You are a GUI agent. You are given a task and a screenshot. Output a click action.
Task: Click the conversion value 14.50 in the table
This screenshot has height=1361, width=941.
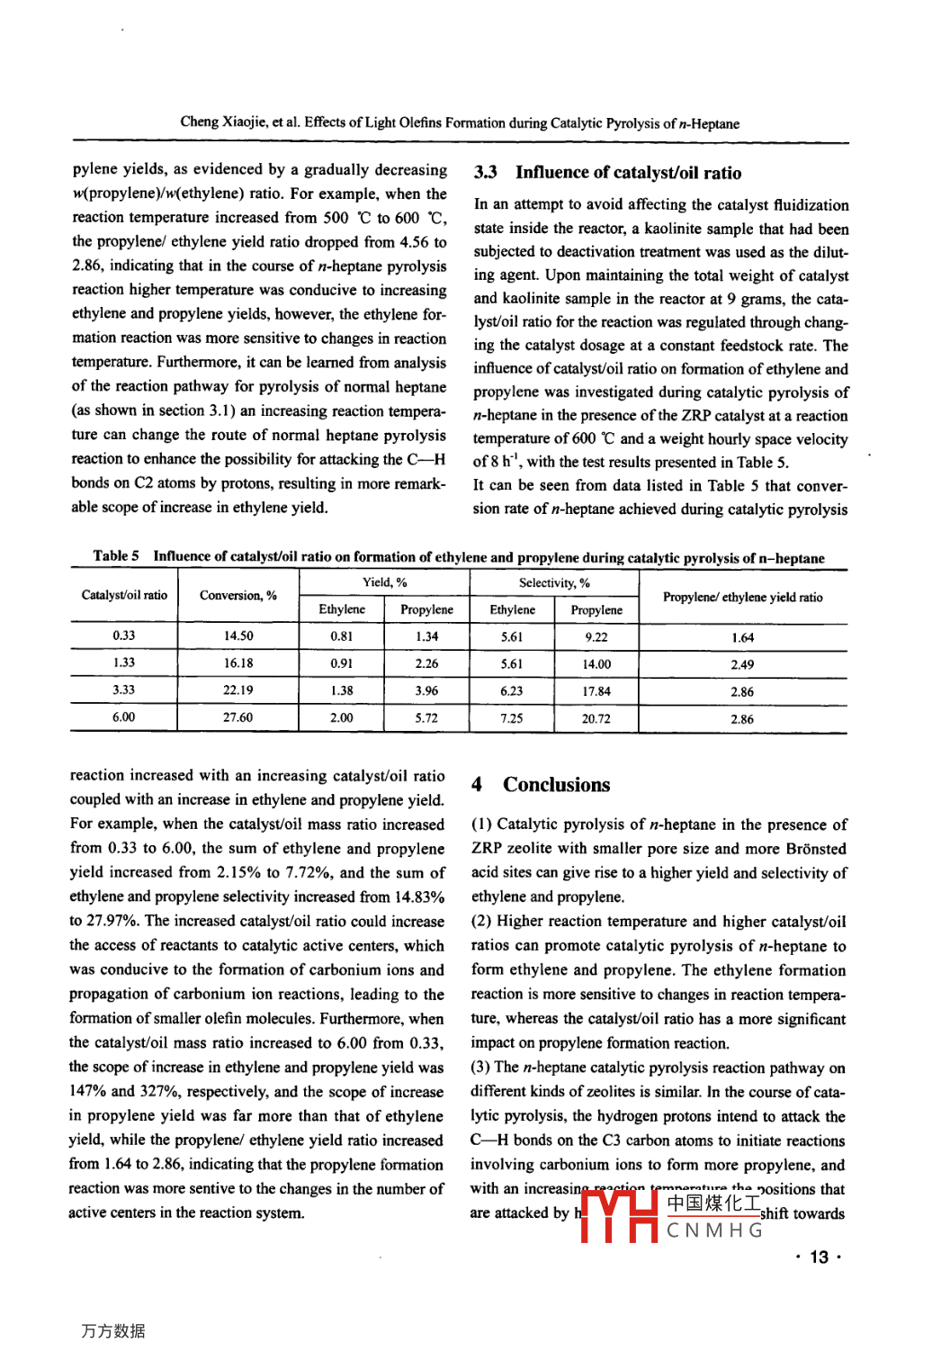(x=238, y=635)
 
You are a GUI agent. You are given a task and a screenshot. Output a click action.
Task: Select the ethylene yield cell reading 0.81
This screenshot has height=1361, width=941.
(x=342, y=635)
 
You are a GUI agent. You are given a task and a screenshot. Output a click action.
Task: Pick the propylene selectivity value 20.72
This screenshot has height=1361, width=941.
(x=596, y=718)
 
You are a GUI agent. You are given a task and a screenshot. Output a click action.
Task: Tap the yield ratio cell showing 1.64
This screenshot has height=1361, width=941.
(x=742, y=637)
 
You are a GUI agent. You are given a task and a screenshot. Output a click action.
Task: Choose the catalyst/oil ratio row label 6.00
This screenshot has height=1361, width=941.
(x=123, y=717)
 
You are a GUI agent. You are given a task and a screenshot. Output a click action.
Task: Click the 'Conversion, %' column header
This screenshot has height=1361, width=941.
(x=238, y=596)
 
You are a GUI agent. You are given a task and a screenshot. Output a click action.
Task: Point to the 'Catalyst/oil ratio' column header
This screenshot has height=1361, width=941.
(x=124, y=595)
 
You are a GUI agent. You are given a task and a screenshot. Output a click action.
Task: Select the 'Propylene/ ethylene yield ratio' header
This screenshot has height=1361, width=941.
(x=742, y=597)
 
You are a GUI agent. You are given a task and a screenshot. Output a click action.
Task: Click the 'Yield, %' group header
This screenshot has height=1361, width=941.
(x=384, y=582)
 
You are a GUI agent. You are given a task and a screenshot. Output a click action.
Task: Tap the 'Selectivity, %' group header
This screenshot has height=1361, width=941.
(x=554, y=583)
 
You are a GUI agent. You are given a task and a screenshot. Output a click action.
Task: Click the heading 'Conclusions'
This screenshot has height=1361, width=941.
(x=556, y=785)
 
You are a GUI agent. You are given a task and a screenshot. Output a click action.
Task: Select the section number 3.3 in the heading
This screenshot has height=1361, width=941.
(x=486, y=173)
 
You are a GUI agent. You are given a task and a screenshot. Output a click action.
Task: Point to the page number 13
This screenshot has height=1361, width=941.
(x=819, y=1257)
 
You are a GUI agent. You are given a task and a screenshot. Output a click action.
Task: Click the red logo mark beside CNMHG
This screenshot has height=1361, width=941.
(x=619, y=1216)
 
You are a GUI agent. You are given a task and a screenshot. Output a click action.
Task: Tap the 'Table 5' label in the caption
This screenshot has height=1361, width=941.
(x=116, y=556)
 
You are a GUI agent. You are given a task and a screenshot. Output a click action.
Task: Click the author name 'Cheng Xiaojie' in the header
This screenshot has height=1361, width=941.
(x=223, y=122)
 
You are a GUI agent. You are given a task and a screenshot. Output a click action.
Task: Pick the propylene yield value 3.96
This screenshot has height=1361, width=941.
(x=426, y=691)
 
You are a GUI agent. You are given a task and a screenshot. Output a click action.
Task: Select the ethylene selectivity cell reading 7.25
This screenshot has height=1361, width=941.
(x=511, y=718)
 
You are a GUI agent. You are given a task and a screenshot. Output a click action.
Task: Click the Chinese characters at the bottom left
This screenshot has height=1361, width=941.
(x=112, y=1330)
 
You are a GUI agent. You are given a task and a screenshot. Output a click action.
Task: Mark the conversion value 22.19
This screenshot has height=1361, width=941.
(x=238, y=690)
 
